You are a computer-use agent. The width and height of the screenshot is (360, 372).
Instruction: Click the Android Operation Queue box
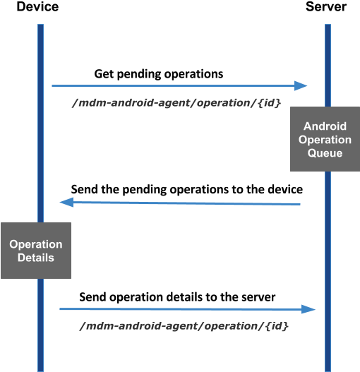tap(325, 140)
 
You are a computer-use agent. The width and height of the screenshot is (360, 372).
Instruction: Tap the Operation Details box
tap(36, 251)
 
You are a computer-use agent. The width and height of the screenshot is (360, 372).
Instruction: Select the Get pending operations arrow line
tap(176, 86)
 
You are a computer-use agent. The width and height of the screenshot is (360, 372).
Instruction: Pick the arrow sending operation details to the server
tap(184, 309)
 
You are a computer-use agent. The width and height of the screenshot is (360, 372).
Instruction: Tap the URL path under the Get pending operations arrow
tap(177, 103)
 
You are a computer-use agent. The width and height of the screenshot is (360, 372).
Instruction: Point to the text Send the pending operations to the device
tap(188, 190)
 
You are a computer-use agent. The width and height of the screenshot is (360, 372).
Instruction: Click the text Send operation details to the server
tap(176, 297)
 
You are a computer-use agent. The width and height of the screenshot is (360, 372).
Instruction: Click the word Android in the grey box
tap(325, 127)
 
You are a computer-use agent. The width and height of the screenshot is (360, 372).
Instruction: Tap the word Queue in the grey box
tap(325, 152)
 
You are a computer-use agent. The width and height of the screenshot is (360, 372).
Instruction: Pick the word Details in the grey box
tap(36, 258)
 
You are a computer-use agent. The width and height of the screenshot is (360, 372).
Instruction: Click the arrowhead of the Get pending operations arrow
tap(302, 86)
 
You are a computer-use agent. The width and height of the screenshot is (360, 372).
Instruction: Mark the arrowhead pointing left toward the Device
tap(66, 203)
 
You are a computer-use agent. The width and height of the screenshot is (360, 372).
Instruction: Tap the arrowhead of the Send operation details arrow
tap(308, 309)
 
